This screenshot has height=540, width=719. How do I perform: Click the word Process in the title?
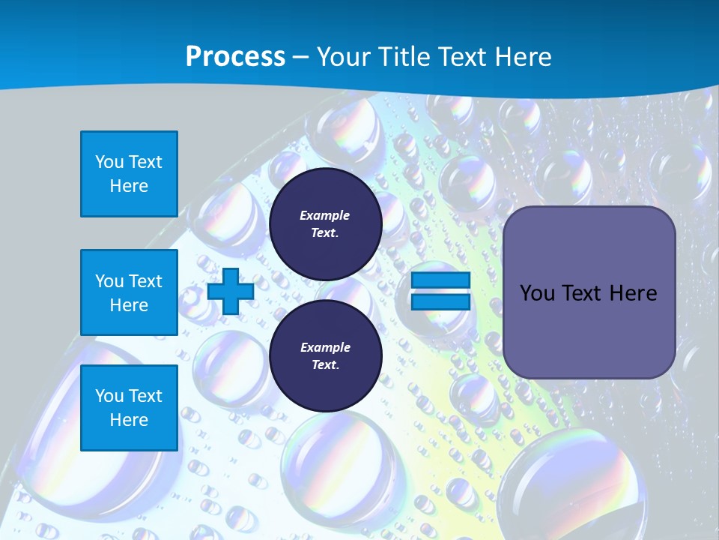pyautogui.click(x=235, y=57)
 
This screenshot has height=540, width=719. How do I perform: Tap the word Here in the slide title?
pyautogui.click(x=521, y=57)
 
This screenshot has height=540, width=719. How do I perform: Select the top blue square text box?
pyautogui.click(x=129, y=174)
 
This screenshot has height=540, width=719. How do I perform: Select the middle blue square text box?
pyautogui.click(x=129, y=292)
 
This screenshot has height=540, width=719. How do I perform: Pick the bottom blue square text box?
pyautogui.click(x=129, y=408)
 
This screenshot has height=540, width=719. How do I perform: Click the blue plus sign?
pyautogui.click(x=231, y=291)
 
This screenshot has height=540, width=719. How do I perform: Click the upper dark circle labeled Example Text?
pyautogui.click(x=325, y=223)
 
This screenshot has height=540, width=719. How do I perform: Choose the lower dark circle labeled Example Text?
pyautogui.click(x=325, y=355)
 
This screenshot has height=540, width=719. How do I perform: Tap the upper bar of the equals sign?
pyautogui.click(x=440, y=280)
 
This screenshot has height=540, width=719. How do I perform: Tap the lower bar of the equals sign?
pyautogui.click(x=440, y=301)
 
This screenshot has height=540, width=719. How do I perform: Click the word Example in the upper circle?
pyautogui.click(x=325, y=215)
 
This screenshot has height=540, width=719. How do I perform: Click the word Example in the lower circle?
pyautogui.click(x=325, y=347)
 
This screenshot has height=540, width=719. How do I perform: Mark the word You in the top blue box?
pyautogui.click(x=109, y=162)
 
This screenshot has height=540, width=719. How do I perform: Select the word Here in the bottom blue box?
pyautogui.click(x=129, y=420)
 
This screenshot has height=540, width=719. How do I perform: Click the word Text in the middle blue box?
pyautogui.click(x=145, y=281)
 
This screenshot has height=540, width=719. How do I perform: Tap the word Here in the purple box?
pyautogui.click(x=633, y=293)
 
